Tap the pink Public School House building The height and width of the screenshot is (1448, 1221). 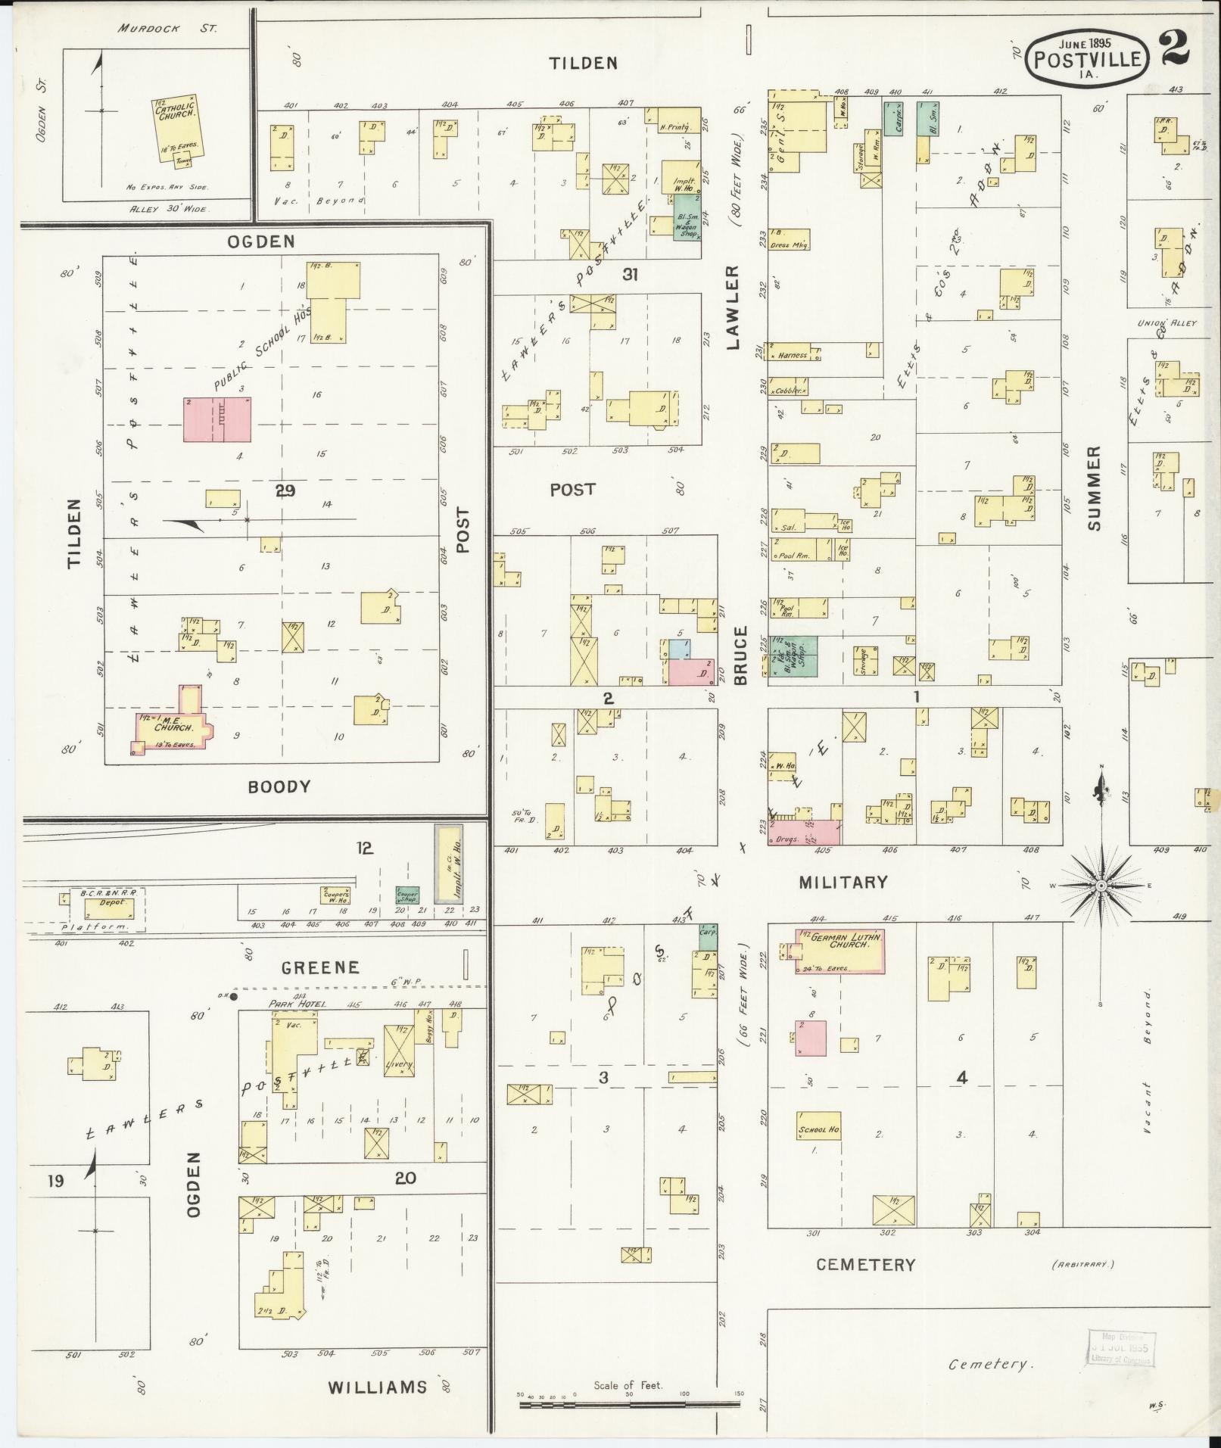click(x=217, y=419)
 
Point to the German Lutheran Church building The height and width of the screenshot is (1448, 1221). click(x=839, y=951)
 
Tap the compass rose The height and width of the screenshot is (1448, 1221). click(x=1101, y=885)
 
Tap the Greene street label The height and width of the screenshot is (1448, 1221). click(x=320, y=967)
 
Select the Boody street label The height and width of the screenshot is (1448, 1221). click(x=279, y=786)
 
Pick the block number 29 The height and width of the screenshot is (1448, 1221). click(x=285, y=491)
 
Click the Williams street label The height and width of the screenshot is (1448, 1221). click(x=377, y=1387)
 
